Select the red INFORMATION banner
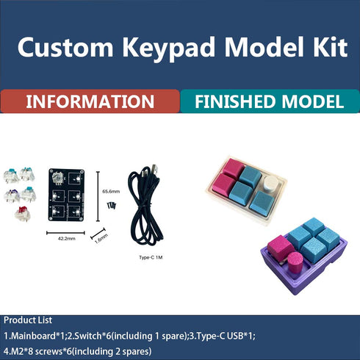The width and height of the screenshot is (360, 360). (x=90, y=101)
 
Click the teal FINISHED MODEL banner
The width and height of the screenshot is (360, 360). (x=270, y=101)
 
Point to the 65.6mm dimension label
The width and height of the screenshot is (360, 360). (x=110, y=191)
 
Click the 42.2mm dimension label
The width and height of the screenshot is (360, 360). (x=65, y=238)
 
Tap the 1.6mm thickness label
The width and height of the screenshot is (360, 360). (x=101, y=237)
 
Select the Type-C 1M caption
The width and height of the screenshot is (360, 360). (x=150, y=257)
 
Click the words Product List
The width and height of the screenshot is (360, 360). (x=30, y=321)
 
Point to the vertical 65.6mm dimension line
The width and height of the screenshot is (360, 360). (x=98, y=191)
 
